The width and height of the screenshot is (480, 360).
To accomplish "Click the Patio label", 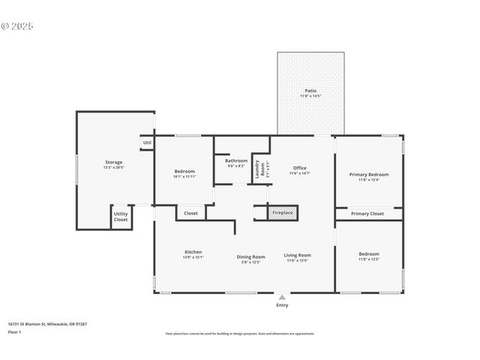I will (310, 91).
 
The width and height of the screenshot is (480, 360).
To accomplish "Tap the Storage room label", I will (113, 162).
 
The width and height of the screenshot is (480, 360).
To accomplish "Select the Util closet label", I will (147, 142).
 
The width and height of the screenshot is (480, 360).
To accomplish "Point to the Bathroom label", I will (236, 160).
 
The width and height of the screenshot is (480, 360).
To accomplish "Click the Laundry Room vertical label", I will (256, 168).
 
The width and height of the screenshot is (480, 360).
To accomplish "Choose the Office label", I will (300, 168).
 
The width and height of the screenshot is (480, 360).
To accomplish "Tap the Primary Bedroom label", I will (368, 174).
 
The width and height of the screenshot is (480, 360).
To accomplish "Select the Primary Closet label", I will (367, 214).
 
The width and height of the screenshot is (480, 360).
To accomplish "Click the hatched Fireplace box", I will (283, 214).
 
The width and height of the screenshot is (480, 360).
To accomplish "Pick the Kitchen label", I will (193, 252).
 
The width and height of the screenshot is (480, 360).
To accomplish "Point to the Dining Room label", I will (251, 256).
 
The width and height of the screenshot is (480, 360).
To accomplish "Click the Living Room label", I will (298, 256).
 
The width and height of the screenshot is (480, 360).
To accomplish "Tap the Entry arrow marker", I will (282, 296).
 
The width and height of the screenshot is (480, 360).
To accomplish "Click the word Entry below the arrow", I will (282, 305).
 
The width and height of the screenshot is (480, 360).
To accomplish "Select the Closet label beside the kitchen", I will (191, 213).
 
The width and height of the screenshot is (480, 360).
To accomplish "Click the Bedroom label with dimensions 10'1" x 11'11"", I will (184, 171).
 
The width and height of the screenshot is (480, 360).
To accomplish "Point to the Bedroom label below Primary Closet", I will (368, 254).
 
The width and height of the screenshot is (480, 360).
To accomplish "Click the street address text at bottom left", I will (47, 324).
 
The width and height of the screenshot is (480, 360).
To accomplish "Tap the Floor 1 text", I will (14, 331).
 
